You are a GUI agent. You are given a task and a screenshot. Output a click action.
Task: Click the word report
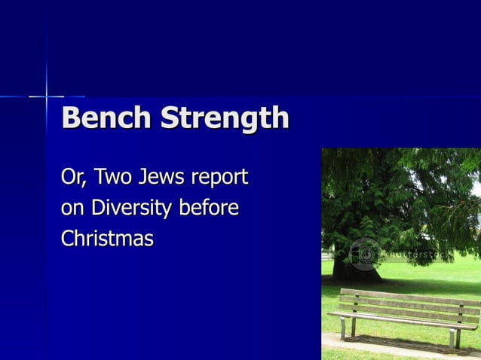(219, 180)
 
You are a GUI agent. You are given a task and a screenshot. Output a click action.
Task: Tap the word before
(208, 208)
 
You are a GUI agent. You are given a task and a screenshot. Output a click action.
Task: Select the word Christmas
(107, 239)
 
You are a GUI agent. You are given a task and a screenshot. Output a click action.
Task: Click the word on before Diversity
(72, 209)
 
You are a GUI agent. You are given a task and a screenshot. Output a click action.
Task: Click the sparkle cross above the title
(47, 96)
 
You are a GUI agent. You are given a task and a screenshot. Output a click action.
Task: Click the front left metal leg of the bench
(343, 328)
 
